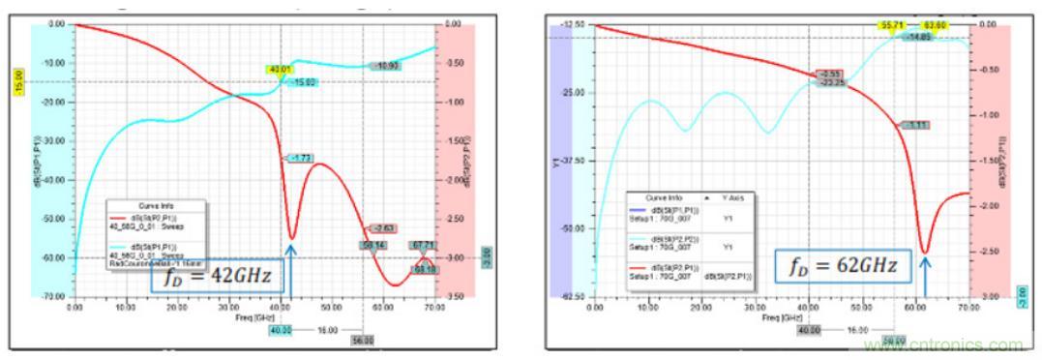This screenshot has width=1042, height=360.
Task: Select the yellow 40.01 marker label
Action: click(281, 70)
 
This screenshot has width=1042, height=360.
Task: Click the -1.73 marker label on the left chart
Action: click(298, 158)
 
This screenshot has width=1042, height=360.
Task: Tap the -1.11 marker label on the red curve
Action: click(913, 125)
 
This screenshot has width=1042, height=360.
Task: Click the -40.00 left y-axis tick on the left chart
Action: click(58, 180)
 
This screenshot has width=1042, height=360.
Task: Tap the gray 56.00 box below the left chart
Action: click(362, 341)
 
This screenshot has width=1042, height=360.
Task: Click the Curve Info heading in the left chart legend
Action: click(156, 206)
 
